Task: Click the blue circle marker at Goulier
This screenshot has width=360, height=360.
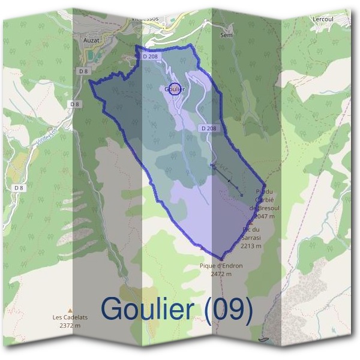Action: pyautogui.click(x=174, y=89)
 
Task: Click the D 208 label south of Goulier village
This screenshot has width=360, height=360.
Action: pyautogui.click(x=209, y=128)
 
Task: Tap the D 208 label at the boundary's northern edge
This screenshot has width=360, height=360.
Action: pyautogui.click(x=150, y=56)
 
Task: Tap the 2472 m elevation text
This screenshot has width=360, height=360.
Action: pyautogui.click(x=221, y=274)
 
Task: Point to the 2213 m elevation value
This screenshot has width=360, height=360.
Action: pyautogui.click(x=251, y=245)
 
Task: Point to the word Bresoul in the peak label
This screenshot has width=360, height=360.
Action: pyautogui.click(x=268, y=208)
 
